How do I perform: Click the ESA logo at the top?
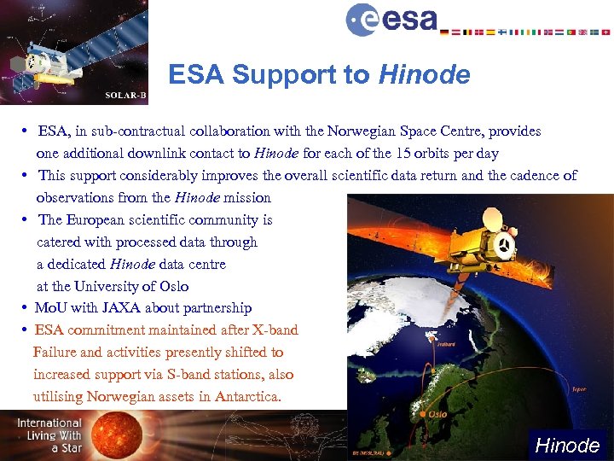pyautogui.click(x=391, y=19)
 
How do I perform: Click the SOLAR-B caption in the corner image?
pyautogui.click(x=125, y=95)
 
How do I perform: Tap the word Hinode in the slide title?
pyautogui.click(x=424, y=75)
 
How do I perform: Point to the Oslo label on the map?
pyautogui.click(x=437, y=414)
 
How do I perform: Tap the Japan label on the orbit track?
pyautogui.click(x=579, y=388)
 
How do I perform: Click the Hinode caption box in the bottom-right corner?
pyautogui.click(x=567, y=445)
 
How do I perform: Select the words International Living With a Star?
pyautogui.click(x=49, y=435)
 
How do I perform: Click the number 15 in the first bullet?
pyautogui.click(x=403, y=154)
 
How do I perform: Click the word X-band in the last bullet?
pyautogui.click(x=274, y=330)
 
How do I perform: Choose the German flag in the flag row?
pyautogui.click(x=444, y=32)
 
